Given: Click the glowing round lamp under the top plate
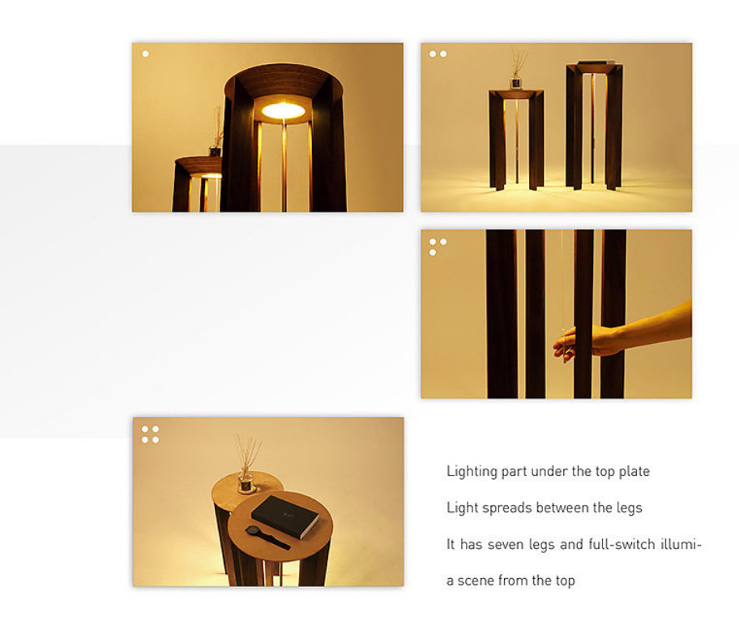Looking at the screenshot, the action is click(284, 111).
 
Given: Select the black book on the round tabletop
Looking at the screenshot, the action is click(285, 516).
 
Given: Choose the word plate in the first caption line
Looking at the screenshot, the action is click(636, 471).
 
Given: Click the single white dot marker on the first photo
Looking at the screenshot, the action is click(146, 54).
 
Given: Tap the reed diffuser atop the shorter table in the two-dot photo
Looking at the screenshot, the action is click(517, 71).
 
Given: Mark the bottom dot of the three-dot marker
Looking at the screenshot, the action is click(433, 252).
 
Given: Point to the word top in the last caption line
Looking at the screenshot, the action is click(565, 581).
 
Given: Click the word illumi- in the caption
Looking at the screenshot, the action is click(681, 544).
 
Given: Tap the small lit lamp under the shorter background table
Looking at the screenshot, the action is click(211, 175).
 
